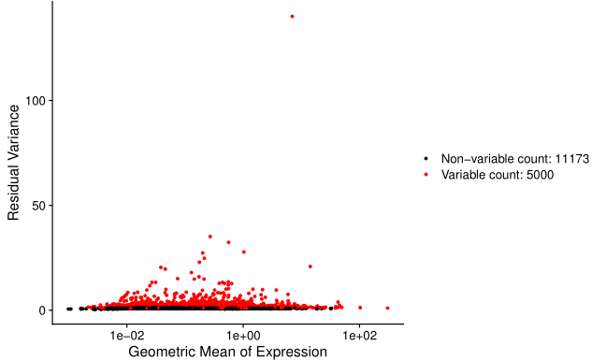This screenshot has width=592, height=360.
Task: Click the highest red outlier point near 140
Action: (x=292, y=16)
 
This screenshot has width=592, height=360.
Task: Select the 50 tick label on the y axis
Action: (x=38, y=205)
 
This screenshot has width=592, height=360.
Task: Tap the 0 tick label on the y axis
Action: (x=42, y=310)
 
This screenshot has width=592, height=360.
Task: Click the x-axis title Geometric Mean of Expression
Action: (x=227, y=352)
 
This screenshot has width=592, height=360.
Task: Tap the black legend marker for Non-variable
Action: (x=426, y=159)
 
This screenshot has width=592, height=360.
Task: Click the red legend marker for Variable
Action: (x=426, y=175)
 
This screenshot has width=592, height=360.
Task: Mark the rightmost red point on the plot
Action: (x=387, y=308)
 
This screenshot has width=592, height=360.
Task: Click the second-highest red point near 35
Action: (x=209, y=237)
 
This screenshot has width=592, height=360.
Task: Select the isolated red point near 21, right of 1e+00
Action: (x=310, y=266)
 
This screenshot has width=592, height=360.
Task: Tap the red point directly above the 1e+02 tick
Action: (x=359, y=308)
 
